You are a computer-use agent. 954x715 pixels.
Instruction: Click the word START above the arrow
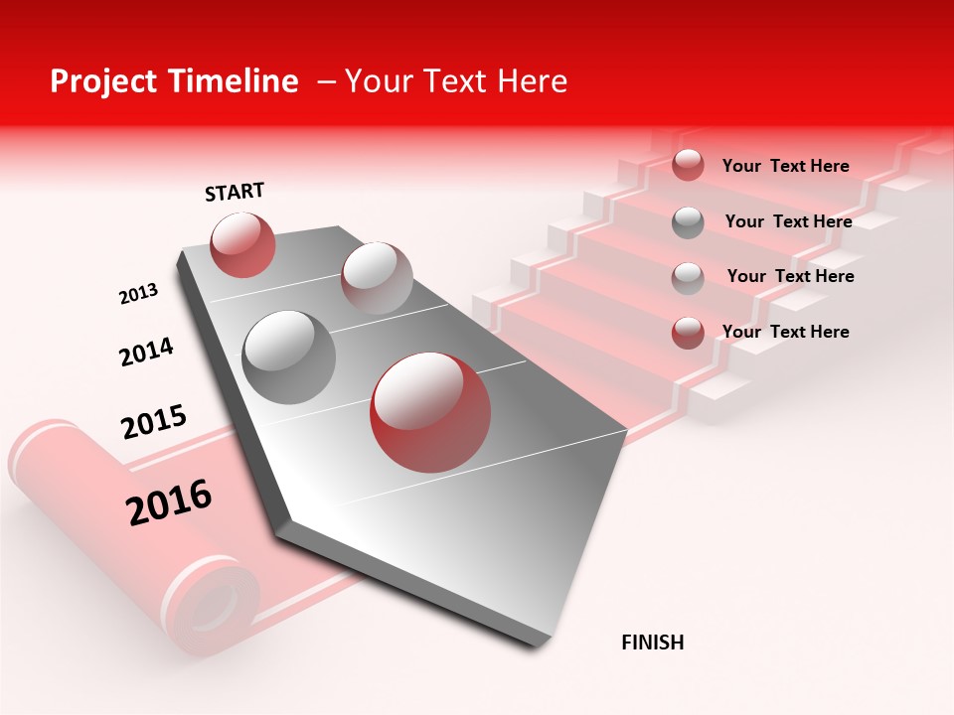(235, 192)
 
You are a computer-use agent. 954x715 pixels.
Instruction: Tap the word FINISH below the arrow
(653, 643)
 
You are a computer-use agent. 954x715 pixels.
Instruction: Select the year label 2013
(138, 294)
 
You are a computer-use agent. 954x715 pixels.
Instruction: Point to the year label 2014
(146, 353)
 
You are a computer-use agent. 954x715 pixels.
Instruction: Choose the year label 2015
(154, 422)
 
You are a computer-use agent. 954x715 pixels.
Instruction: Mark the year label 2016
(169, 501)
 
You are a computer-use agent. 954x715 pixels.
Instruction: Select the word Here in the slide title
(532, 81)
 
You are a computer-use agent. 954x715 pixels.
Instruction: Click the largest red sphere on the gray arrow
(430, 412)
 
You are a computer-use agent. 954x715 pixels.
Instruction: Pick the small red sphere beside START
(243, 244)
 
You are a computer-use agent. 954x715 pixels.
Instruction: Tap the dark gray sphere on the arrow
(289, 357)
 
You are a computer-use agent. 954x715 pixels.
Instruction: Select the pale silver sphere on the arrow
(377, 278)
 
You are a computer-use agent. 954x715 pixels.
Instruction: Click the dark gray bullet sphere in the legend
(688, 222)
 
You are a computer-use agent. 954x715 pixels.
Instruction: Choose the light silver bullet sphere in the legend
(688, 278)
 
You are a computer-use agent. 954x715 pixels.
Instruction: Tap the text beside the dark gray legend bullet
(788, 221)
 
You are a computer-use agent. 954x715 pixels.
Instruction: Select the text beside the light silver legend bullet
(790, 276)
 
